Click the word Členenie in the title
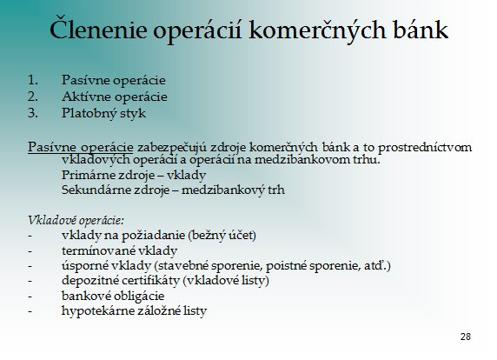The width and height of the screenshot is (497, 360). (x=98, y=30)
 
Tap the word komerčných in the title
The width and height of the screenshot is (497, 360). (x=317, y=30)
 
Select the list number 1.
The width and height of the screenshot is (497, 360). (x=33, y=80)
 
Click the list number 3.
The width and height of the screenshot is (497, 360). (x=33, y=113)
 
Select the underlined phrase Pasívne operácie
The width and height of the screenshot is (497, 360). (x=81, y=147)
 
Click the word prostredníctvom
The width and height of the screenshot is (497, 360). (x=425, y=147)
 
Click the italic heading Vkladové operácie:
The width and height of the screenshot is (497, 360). (x=76, y=221)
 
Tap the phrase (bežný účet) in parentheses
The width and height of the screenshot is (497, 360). (x=222, y=236)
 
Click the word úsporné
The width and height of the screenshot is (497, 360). (x=83, y=266)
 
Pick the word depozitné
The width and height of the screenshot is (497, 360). (x=89, y=280)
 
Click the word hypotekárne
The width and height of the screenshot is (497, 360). (x=97, y=310)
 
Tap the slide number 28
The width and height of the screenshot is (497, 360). (x=466, y=337)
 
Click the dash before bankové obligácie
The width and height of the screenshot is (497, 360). (x=30, y=297)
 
